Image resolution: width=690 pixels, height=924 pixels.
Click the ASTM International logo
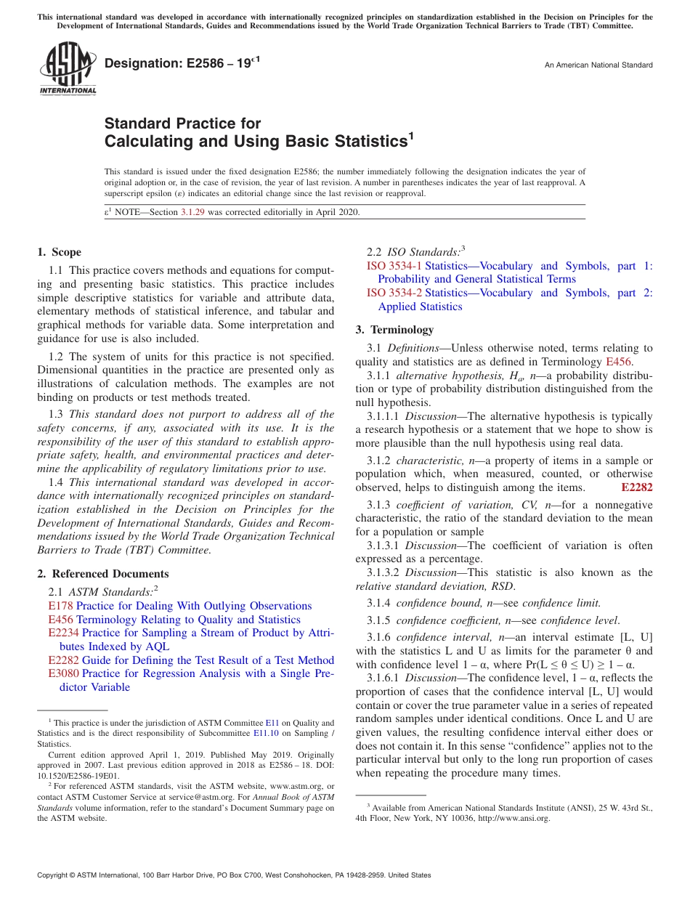pos(68,68)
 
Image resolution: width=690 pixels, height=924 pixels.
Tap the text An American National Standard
pos(598,65)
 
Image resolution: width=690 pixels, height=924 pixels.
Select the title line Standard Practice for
pos(182,123)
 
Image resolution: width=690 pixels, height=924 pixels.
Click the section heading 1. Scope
pos(59,252)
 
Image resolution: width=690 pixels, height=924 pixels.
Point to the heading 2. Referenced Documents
pos(92,574)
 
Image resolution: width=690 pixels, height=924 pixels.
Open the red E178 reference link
pos(60,606)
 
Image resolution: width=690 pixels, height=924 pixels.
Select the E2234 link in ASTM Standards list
pos(63,633)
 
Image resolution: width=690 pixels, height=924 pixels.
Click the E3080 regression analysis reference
pos(63,673)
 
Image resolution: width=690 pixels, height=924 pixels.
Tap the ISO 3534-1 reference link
pos(394,266)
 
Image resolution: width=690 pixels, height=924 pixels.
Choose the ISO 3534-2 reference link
pos(394,293)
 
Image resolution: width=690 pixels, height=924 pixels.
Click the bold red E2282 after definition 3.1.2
pos(637,487)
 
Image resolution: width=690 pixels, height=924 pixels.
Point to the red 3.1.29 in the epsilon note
pos(192,212)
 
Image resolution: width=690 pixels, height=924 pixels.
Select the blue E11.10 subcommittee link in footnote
pos(280,734)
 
